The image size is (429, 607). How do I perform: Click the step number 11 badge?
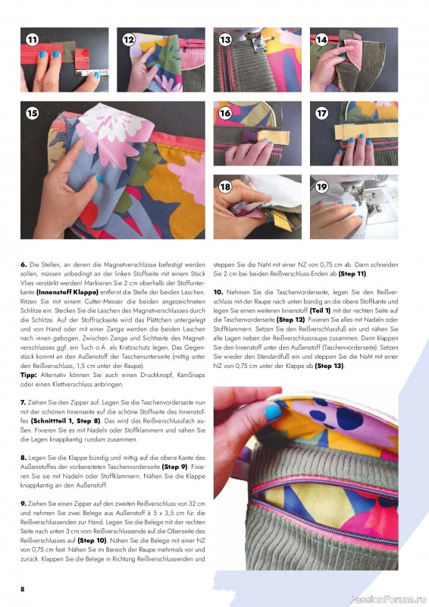(33, 40)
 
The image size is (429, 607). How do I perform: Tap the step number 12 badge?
(129, 40)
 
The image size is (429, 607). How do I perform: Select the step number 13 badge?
(225, 40)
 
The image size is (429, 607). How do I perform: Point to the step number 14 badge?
(322, 40)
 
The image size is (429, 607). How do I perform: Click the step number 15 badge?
(33, 113)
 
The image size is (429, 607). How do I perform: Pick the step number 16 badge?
(225, 113)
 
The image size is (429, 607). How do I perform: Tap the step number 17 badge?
(322, 113)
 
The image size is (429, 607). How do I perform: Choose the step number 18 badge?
(225, 187)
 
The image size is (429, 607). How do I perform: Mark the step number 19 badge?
(322, 187)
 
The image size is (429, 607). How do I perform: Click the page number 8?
(23, 589)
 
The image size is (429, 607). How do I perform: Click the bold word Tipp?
(29, 375)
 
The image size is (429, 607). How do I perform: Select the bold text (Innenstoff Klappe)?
(67, 292)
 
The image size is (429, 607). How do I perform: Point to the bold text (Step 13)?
(329, 366)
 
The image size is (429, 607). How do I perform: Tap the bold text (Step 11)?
(352, 274)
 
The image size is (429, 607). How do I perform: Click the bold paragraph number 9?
(23, 504)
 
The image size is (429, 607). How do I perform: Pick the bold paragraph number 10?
(218, 292)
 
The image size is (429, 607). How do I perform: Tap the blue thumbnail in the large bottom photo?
(273, 411)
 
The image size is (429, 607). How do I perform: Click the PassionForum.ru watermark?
(388, 599)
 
